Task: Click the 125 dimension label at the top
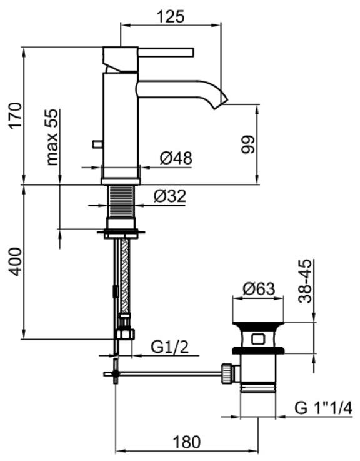[x=171, y=16]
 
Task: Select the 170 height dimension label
[x=15, y=116]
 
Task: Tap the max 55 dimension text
[x=52, y=138]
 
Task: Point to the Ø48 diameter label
[x=176, y=158]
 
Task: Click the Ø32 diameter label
[x=170, y=196]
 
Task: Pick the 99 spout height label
[x=247, y=144]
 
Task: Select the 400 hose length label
[x=15, y=262]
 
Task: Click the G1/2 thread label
[x=170, y=348]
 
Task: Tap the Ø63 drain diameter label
[x=259, y=289]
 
